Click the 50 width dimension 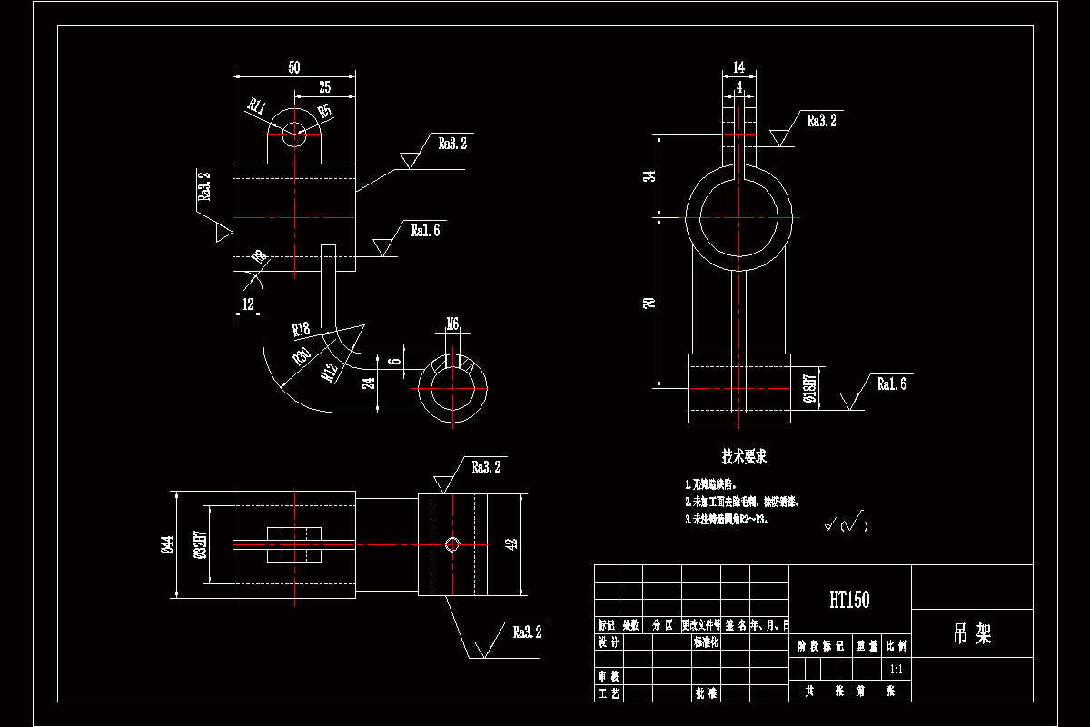click(293, 67)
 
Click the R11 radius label click(256, 105)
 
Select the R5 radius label click(324, 112)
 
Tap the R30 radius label click(302, 356)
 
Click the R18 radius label click(302, 329)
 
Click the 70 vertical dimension click(649, 303)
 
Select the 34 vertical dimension click(649, 176)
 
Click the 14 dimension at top click(738, 66)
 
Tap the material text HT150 click(849, 600)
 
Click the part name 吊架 click(971, 633)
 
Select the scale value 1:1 click(896, 669)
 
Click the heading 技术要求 click(744, 456)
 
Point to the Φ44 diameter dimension click(166, 545)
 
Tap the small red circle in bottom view click(453, 543)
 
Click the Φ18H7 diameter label click(810, 386)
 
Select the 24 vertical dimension click(368, 383)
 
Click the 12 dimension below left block click(247, 304)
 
